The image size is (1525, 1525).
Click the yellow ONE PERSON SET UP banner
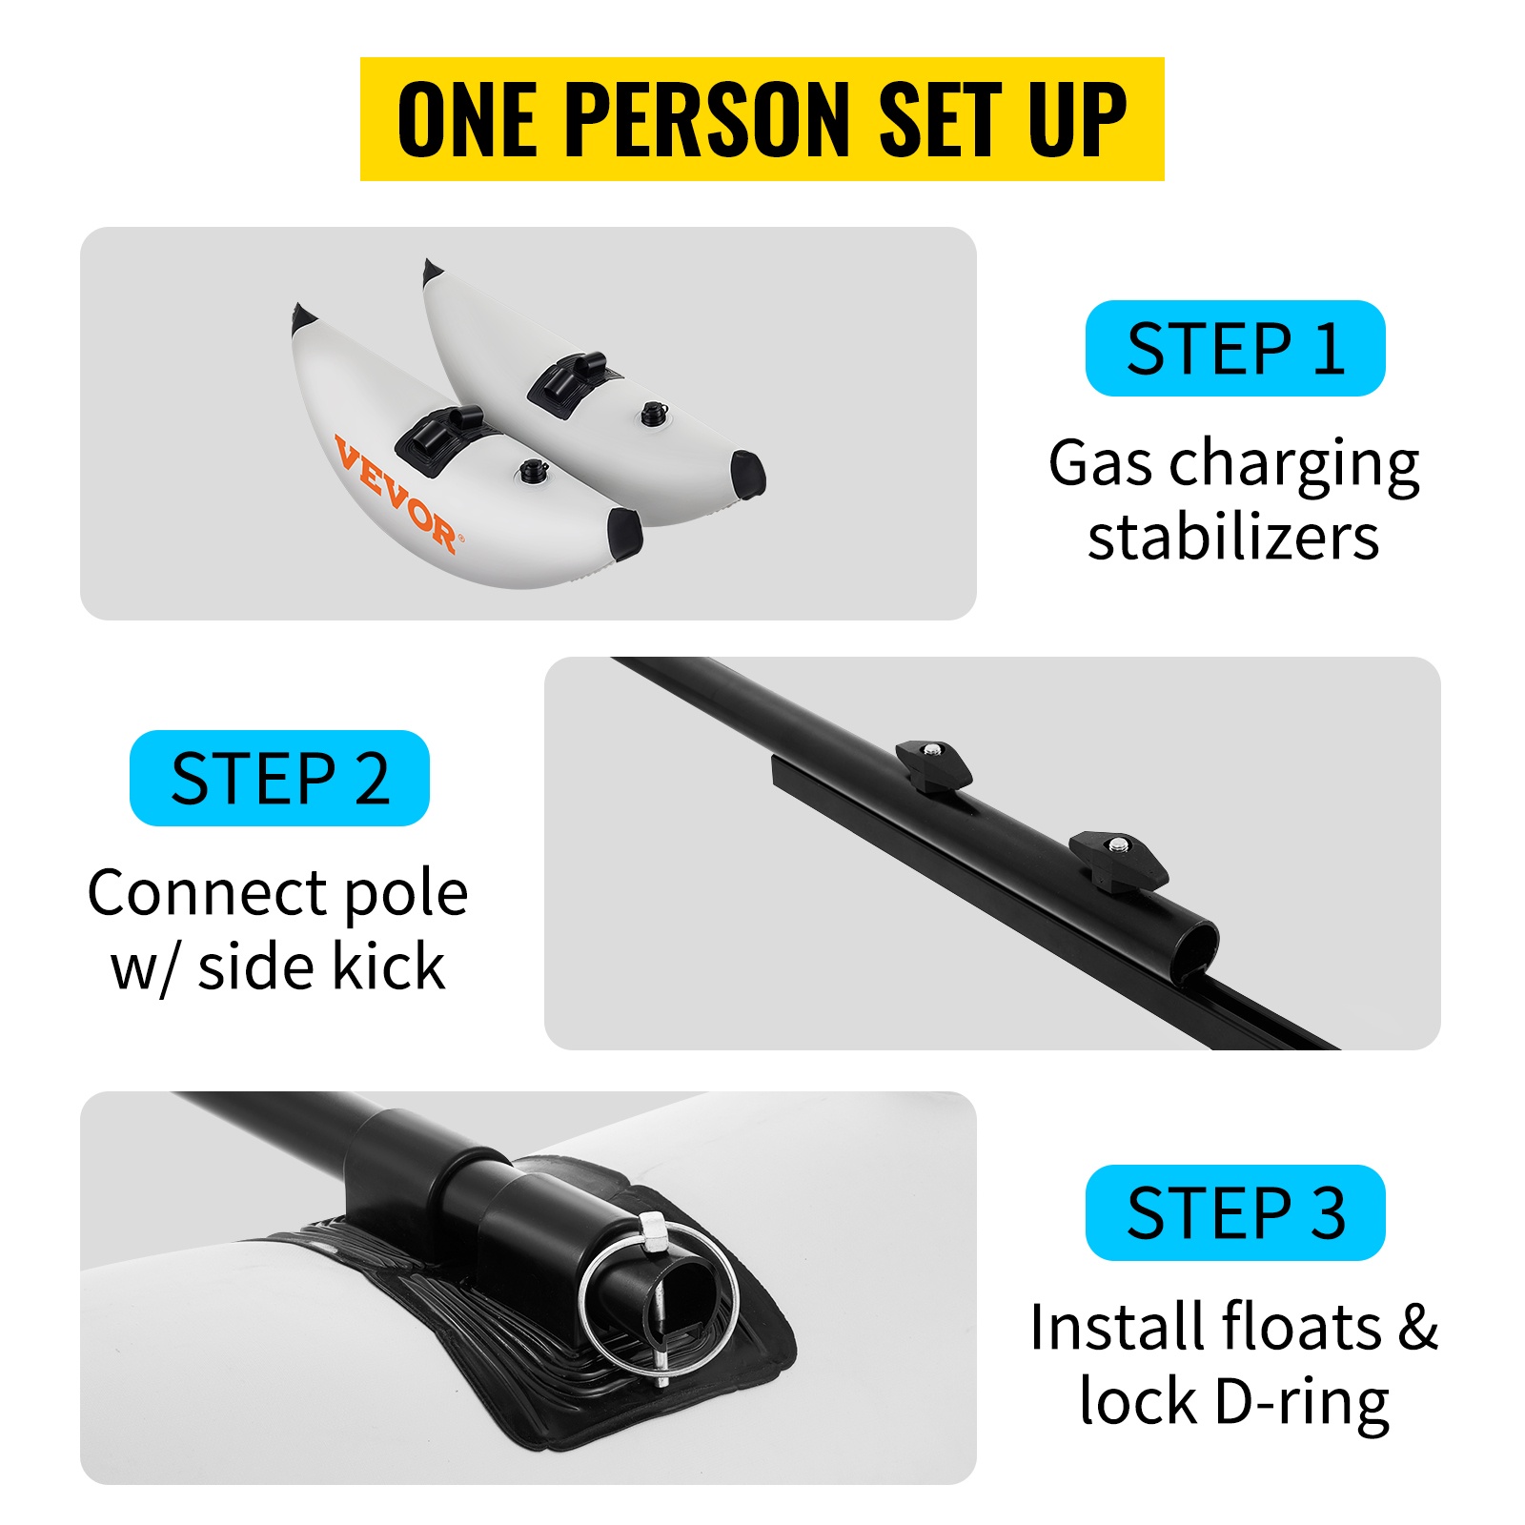point(762,118)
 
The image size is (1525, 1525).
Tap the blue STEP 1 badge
point(1235,348)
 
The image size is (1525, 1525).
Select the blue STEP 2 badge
point(279,778)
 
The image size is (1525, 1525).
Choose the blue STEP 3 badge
point(1235,1212)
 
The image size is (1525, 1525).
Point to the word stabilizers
point(1233,539)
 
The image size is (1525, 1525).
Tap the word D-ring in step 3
point(1301,1402)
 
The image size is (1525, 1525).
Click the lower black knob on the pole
point(1118,859)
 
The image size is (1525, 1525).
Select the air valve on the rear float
point(653,413)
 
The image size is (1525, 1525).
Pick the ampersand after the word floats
point(1418,1327)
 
